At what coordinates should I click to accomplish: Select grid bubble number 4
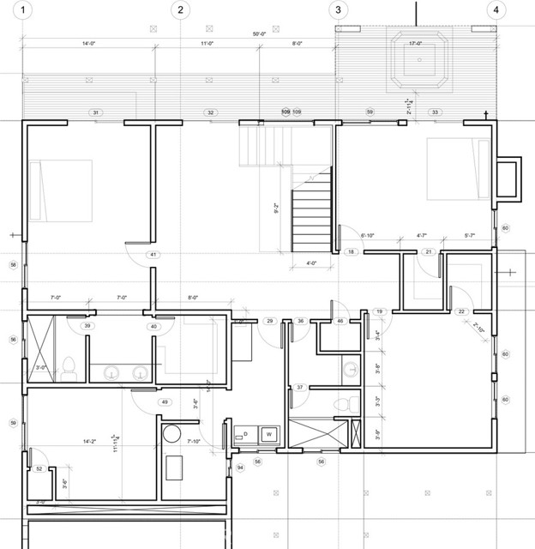click(495, 11)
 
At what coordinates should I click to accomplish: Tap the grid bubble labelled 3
click(338, 11)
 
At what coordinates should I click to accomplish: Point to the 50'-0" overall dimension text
click(259, 34)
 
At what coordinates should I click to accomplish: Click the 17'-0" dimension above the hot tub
click(415, 43)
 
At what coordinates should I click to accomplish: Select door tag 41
click(153, 255)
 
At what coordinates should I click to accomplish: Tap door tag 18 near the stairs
click(352, 252)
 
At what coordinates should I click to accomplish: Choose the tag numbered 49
click(164, 402)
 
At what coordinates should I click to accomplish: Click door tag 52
click(39, 468)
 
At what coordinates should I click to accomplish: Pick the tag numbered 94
click(241, 468)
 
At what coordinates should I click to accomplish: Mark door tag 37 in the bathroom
click(300, 388)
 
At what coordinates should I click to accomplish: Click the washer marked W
click(268, 434)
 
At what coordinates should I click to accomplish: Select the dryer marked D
click(246, 434)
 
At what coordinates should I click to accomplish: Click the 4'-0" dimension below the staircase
click(311, 263)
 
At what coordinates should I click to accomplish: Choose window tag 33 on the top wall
click(436, 112)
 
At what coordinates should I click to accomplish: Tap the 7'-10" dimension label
click(194, 442)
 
